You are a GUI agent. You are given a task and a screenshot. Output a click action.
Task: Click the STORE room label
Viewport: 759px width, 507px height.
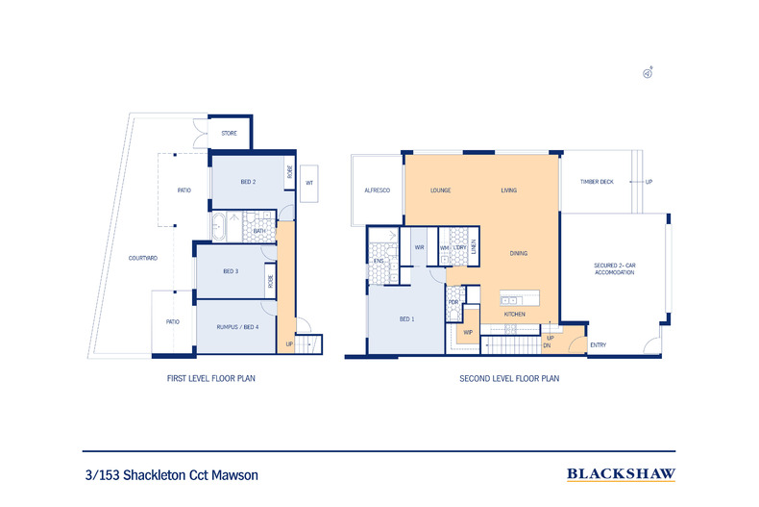tap(229, 133)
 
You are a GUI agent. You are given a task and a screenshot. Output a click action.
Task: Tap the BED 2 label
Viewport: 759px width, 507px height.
tap(247, 182)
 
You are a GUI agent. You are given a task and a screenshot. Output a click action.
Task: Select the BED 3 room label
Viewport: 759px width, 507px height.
tap(231, 271)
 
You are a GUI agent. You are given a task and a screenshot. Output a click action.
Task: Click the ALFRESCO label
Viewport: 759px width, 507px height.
tap(376, 190)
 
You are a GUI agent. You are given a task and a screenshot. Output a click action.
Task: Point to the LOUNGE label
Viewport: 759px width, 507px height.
tap(441, 190)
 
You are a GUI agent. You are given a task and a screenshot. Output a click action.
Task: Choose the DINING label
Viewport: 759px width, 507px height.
tap(518, 253)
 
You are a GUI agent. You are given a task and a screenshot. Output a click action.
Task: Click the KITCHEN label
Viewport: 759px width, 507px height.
tap(514, 315)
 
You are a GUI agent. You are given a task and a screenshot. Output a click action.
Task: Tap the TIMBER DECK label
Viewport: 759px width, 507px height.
tap(596, 182)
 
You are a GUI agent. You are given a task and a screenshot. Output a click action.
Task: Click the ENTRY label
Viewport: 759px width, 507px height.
tap(598, 344)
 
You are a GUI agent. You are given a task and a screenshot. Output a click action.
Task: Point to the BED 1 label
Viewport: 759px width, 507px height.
tap(406, 318)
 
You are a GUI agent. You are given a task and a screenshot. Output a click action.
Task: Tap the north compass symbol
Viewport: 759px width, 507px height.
tap(649, 72)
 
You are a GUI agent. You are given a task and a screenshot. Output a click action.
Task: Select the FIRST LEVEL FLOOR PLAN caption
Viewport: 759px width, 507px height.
tap(210, 379)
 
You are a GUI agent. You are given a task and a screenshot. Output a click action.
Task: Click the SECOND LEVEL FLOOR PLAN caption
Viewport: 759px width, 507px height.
tap(509, 379)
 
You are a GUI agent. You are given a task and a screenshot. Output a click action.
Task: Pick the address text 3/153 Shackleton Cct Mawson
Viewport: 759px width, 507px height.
tap(172, 474)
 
